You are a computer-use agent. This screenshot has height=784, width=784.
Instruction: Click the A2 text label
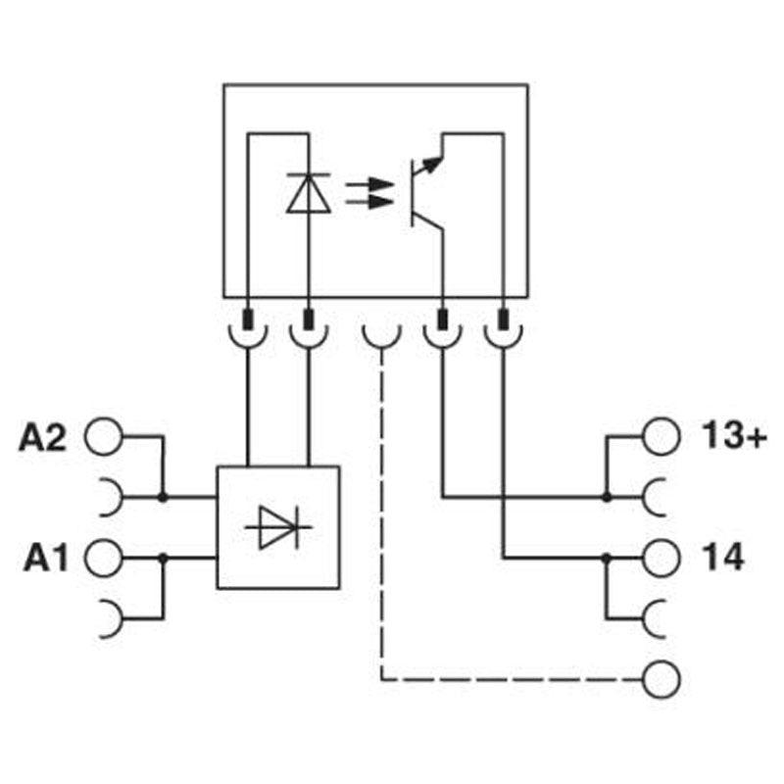[42, 437]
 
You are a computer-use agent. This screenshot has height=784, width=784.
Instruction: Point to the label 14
[723, 558]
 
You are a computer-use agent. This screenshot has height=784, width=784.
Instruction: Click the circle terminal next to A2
[105, 437]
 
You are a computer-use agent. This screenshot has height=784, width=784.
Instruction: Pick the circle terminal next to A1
[105, 559]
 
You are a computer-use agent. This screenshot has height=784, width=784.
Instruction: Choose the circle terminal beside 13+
[662, 437]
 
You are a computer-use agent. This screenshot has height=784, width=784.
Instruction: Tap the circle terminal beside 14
[662, 558]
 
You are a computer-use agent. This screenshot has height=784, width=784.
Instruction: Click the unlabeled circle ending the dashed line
[662, 678]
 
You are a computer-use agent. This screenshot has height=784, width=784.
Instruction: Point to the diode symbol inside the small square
[278, 527]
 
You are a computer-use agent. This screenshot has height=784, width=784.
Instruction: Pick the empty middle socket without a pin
[380, 335]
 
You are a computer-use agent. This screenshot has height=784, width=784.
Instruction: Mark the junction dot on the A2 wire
[163, 498]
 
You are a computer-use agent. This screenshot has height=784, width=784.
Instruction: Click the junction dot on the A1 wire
[163, 558]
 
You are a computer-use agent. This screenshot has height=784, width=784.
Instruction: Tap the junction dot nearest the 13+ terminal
[607, 498]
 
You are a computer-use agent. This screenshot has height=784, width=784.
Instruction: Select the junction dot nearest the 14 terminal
[607, 558]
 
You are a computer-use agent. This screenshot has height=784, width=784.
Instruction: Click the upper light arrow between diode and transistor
[366, 182]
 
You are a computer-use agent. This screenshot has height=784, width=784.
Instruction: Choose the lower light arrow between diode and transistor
[366, 204]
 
